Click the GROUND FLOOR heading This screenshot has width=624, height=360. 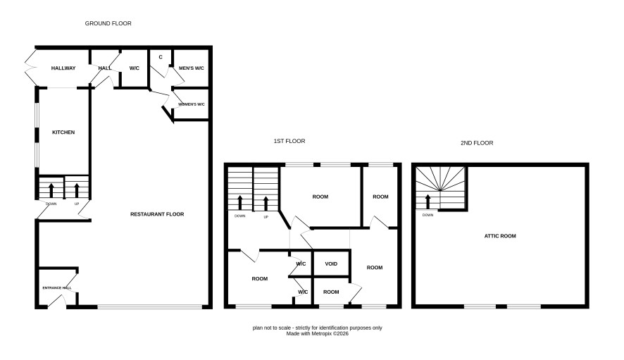coord(108,23)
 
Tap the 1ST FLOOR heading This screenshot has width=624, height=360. coord(289,141)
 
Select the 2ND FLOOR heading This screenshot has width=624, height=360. coord(477,143)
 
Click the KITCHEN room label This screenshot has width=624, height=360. coord(63,132)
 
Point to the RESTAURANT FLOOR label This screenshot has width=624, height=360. coord(157,214)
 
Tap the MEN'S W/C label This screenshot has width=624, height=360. coord(192,68)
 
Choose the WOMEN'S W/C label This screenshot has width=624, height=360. coord(192,104)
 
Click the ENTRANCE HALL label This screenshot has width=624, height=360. coord(57,288)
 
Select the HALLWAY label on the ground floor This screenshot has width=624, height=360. coord(63,68)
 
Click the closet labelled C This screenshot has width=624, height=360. coord(161,57)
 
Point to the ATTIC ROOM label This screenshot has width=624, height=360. coord(500,236)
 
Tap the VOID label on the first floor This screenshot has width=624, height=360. coord(331,264)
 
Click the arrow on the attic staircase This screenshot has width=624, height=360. coord(428,201)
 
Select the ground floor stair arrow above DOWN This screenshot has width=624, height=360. coord(51,190)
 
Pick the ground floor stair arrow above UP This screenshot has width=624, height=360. coord(76,190)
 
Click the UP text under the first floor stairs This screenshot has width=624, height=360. coord(266,217)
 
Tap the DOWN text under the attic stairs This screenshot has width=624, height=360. coord(428,215)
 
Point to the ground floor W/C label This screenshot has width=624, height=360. coord(135,68)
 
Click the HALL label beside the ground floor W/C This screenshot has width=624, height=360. coord(105,68)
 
